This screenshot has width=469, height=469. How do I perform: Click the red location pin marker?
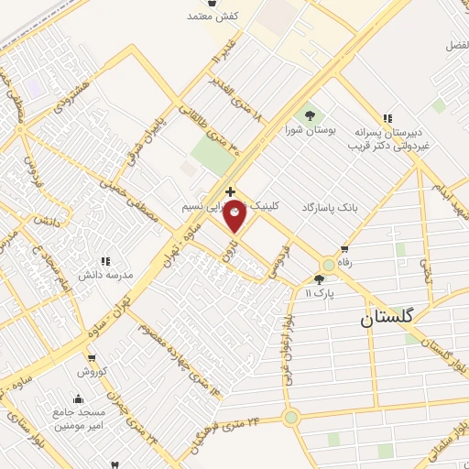(235, 213)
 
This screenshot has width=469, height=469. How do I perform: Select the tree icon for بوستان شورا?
(309, 115)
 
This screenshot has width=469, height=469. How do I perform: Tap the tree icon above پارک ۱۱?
(318, 279)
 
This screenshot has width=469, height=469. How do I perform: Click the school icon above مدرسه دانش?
(105, 261)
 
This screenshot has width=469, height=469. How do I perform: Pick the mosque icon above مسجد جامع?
(79, 398)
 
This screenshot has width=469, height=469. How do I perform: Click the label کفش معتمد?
(213, 16)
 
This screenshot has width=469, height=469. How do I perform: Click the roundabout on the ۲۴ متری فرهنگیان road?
(291, 418)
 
